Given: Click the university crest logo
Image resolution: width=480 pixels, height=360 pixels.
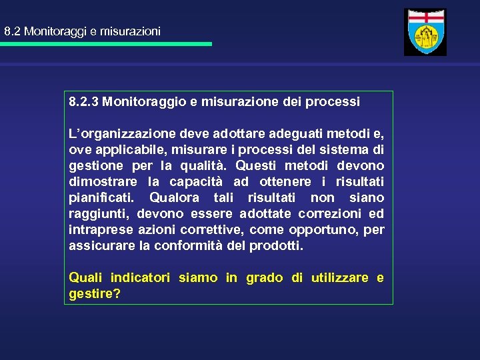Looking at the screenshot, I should point(425,32).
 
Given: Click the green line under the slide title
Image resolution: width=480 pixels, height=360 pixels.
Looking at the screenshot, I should point(107,44).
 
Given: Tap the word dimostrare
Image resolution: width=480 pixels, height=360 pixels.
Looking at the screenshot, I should point(99,182).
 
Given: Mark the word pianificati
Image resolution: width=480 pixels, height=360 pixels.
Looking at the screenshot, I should point(101,198).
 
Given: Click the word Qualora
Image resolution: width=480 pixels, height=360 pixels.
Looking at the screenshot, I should point(175,198).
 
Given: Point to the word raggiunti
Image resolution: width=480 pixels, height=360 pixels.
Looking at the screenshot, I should point(101,214).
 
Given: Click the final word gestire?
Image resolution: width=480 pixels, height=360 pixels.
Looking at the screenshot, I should point(95,294).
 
